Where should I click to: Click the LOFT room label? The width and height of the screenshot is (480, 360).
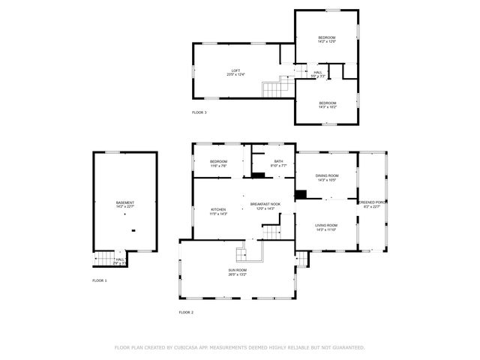tap(236, 70)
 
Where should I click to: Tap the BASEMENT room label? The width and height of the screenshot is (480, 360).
tap(125, 203)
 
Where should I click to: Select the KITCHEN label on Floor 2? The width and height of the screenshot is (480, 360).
tap(218, 209)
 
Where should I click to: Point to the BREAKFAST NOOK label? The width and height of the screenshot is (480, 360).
tap(265, 203)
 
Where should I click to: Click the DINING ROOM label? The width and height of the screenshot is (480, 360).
tap(326, 175)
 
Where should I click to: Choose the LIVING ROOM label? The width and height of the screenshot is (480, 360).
tap(326, 225)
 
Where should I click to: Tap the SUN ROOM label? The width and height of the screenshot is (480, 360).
tap(237, 270)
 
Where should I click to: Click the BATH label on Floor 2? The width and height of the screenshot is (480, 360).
tap(278, 161)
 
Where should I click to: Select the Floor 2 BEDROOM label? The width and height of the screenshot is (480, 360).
tap(218, 161)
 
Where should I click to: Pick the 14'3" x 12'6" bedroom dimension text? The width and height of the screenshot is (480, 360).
tap(326, 42)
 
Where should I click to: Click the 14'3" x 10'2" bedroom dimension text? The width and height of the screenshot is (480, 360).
tap(328, 107)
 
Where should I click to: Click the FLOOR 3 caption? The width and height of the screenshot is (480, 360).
tap(199, 112)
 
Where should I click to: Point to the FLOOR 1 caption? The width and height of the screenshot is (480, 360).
tap(100, 280)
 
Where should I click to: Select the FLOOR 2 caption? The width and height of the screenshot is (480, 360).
tap(186, 311)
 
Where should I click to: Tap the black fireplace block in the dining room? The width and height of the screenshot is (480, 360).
tap(301, 195)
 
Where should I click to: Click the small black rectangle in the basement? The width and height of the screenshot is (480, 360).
tap(133, 229)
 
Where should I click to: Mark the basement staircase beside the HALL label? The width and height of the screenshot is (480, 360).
tap(102, 260)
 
